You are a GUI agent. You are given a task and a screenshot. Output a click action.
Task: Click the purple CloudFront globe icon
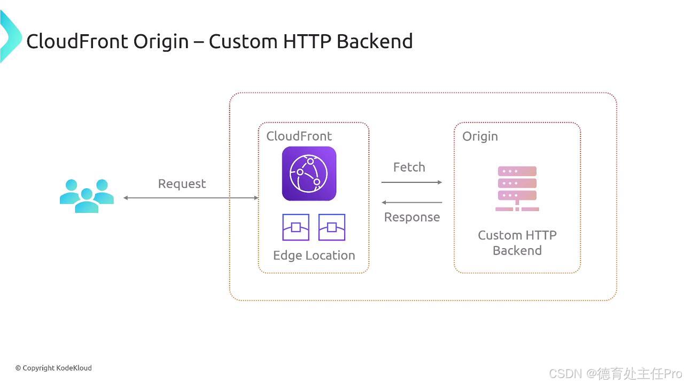(x=309, y=174)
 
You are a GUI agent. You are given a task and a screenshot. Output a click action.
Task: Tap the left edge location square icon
(x=296, y=227)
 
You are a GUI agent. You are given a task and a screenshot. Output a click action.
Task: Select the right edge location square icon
(x=332, y=227)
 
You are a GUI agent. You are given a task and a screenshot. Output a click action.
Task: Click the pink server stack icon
(x=517, y=189)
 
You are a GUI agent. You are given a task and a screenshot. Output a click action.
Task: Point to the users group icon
(x=87, y=196)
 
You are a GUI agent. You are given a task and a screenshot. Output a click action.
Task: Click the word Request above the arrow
(x=182, y=184)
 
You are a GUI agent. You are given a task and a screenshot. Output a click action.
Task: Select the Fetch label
(x=409, y=167)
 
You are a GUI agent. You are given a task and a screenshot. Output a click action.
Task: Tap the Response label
(x=412, y=217)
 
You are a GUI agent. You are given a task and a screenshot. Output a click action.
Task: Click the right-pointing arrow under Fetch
(x=411, y=182)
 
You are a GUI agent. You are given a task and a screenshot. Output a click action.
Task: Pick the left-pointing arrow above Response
(x=411, y=203)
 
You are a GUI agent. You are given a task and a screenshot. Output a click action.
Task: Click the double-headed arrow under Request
(x=191, y=198)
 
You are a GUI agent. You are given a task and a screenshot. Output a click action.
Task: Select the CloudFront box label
(x=299, y=136)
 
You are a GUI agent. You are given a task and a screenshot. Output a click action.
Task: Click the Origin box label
(x=480, y=136)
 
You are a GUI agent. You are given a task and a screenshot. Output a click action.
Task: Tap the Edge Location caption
(x=314, y=256)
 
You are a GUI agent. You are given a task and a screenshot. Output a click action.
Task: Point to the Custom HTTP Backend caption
(x=517, y=243)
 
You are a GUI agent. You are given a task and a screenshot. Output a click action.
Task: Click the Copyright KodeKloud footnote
(x=53, y=368)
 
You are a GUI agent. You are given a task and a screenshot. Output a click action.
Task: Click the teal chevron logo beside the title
(x=10, y=36)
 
